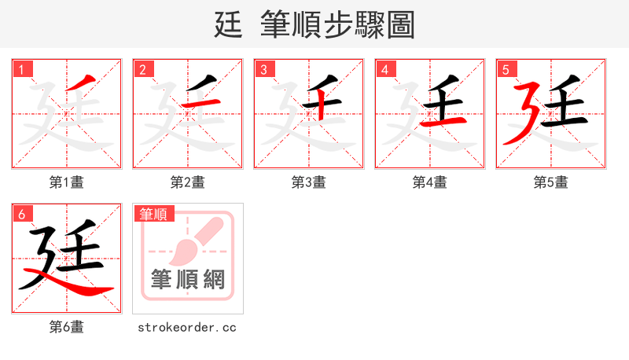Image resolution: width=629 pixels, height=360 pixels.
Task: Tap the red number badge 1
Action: coord(22,70)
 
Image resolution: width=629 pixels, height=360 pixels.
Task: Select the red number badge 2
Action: coord(142,70)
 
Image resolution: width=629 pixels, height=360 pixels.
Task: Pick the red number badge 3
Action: coord(263,70)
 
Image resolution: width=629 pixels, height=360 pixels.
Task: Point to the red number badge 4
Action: coord(384,70)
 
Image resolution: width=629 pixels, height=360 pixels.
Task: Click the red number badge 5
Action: coord(506,70)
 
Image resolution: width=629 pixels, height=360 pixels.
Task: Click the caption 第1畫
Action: coord(67,182)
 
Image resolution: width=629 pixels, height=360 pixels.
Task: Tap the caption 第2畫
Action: coord(188,182)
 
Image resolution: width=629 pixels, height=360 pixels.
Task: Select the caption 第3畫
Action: coord(309,182)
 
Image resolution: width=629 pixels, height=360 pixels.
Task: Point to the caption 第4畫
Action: coord(430,182)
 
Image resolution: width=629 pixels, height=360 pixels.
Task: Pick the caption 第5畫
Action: coord(551,182)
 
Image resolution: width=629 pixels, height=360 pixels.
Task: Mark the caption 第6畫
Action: coord(67,327)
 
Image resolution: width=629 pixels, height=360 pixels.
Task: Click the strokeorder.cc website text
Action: coord(187,327)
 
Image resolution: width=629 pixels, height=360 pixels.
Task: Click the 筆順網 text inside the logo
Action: coord(188,279)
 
